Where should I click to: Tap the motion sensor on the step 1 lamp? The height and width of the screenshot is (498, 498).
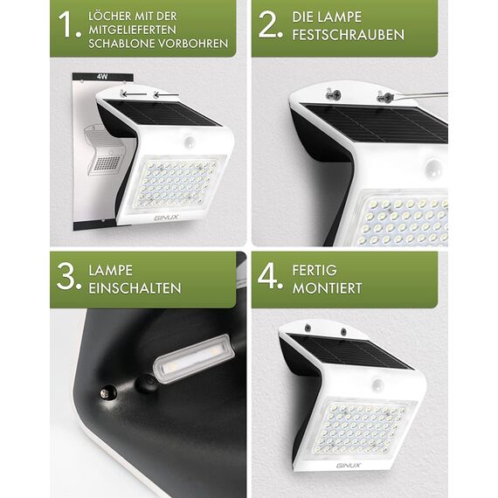coord(189,140)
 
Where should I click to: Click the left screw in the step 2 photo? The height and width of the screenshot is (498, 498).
coord(333,94)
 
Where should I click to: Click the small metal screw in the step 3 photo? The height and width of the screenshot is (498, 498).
coord(108,393)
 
